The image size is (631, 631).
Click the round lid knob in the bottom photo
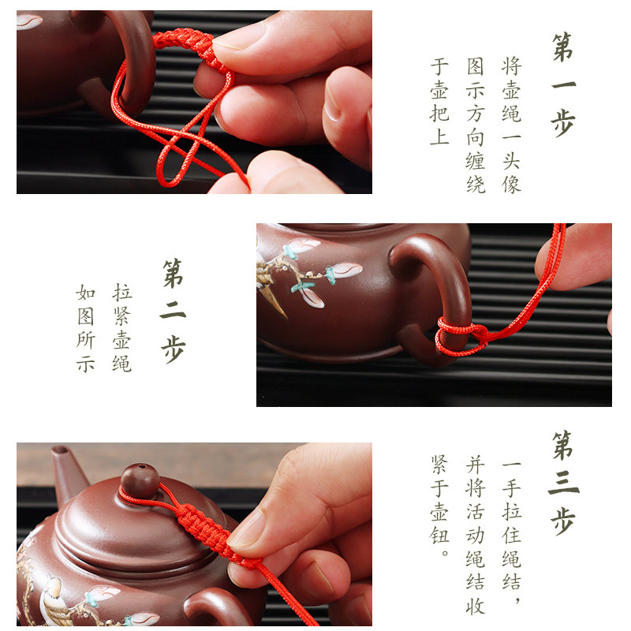click(x=140, y=480)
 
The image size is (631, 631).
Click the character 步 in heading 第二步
click(x=173, y=348)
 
